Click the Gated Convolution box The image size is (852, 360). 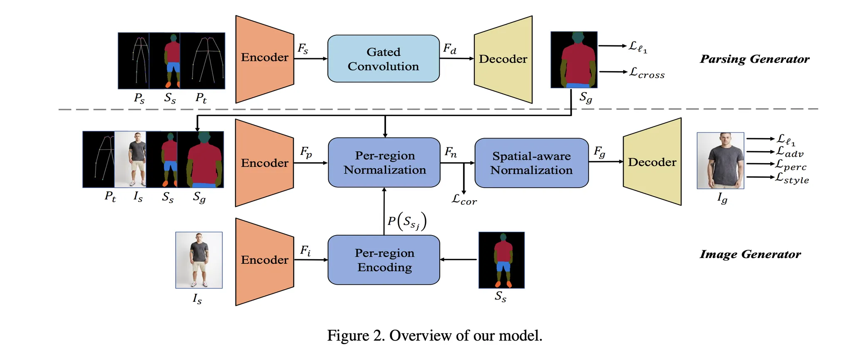383,59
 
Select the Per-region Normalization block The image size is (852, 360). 384,162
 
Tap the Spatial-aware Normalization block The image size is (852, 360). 531,163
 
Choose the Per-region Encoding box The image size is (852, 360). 384,260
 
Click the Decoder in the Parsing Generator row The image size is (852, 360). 503,59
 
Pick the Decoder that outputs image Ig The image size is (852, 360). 652,162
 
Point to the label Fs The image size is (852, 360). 303,49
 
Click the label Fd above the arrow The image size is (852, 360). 449,49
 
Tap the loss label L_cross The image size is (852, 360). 646,73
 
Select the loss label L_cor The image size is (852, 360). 464,200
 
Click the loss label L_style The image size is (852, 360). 792,178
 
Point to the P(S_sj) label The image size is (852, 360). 407,221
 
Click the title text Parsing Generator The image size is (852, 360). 755,59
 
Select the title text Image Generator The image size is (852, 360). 750,254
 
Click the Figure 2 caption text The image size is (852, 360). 434,335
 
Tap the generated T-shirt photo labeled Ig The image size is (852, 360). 720,161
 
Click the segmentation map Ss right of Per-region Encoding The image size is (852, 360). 501,260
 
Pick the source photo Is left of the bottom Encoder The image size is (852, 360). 199,260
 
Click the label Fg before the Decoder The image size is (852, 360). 599,152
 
